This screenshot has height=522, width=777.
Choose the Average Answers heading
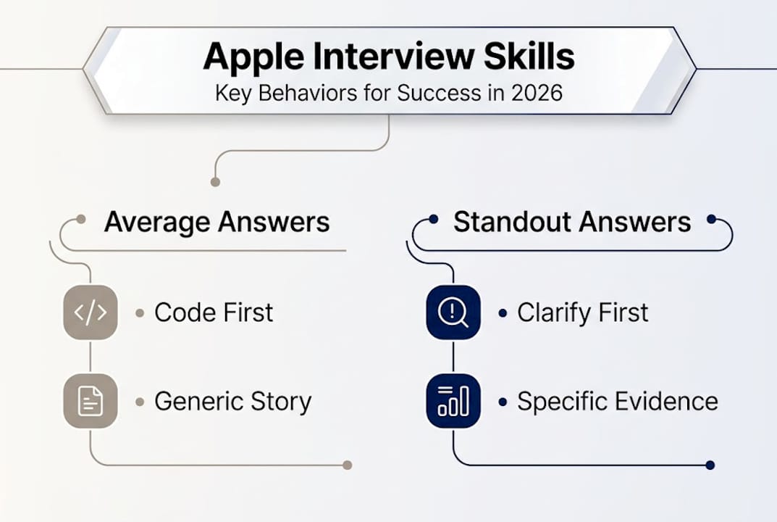click(217, 222)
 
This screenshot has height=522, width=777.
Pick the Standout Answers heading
click(571, 222)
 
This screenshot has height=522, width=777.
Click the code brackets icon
click(91, 312)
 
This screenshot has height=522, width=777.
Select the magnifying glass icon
click(453, 312)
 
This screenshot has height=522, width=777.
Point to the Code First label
click(214, 312)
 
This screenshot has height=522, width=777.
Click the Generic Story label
click(232, 402)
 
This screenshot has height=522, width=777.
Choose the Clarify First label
click(582, 312)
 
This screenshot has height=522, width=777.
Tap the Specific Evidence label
click(617, 402)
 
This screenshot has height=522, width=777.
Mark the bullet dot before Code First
click(140, 313)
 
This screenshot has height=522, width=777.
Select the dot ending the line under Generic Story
click(347, 465)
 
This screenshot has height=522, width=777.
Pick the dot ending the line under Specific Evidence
click(710, 465)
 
